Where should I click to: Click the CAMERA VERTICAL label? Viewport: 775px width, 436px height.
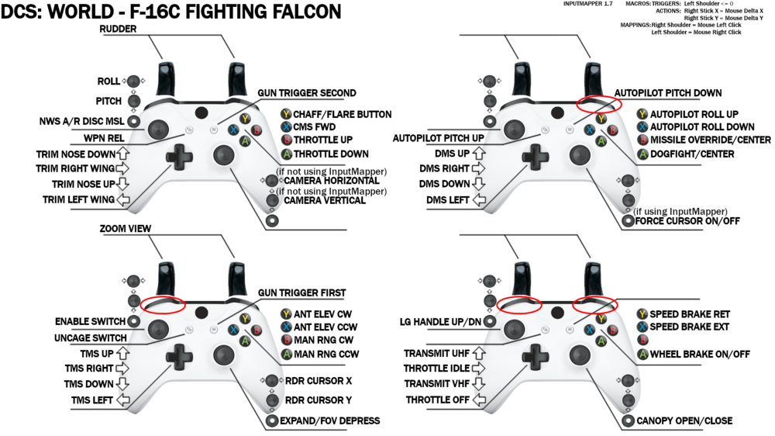[x=325, y=200]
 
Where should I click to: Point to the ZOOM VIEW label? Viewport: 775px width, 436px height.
[x=126, y=230]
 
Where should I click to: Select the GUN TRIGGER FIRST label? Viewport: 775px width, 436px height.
[x=301, y=292]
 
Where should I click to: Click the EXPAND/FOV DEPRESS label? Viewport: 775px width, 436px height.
[x=331, y=420]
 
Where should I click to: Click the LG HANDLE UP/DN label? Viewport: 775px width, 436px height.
[x=442, y=321]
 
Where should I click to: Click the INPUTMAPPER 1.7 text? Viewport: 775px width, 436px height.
[x=590, y=5]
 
